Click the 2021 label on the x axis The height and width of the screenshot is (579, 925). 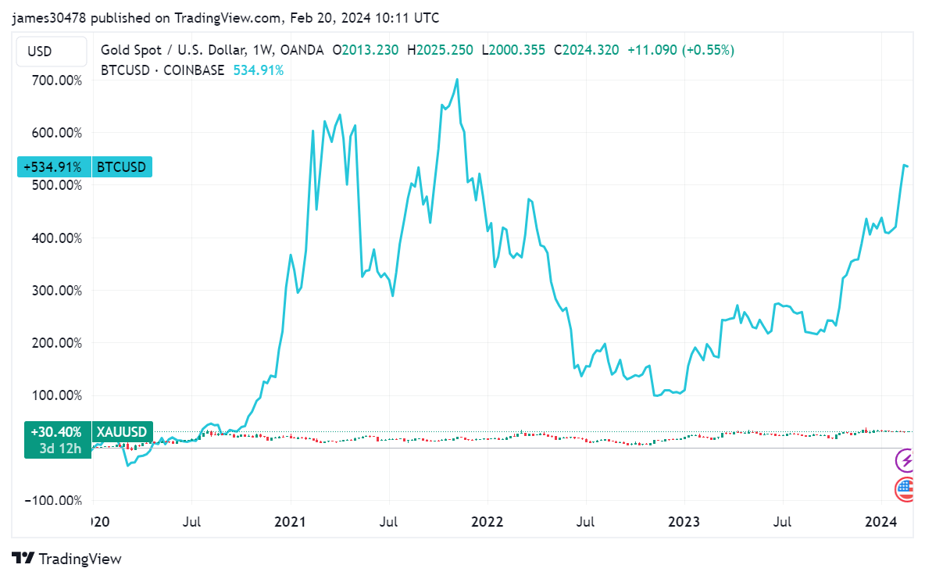click(x=290, y=521)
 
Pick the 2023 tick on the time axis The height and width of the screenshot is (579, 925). click(x=684, y=521)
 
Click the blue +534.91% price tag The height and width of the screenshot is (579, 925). click(x=52, y=166)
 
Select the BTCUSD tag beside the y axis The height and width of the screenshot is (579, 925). click(x=121, y=166)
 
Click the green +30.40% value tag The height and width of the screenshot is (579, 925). click(x=52, y=431)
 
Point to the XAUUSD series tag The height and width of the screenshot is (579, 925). click(x=121, y=431)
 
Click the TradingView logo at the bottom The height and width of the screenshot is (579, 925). click(x=67, y=558)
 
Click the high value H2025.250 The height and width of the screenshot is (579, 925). click(x=445, y=50)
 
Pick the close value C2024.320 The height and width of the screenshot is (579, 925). click(x=586, y=50)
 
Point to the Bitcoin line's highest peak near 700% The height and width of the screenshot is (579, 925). click(x=457, y=79)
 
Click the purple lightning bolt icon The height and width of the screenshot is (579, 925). click(x=905, y=461)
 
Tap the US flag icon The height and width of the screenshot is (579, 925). click(x=905, y=490)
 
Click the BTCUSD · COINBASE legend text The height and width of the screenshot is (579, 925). click(x=162, y=70)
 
